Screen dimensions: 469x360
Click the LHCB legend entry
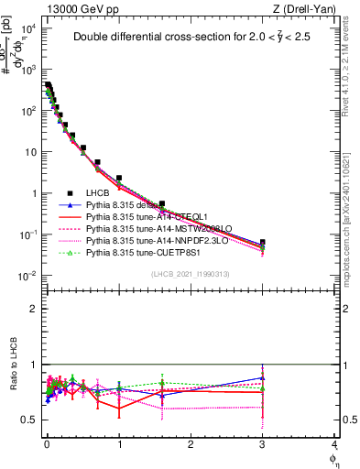click(97, 193)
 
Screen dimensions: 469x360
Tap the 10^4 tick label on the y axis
click(29, 28)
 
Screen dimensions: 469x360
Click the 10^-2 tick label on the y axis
click(28, 277)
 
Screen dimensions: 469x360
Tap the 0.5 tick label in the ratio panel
click(29, 420)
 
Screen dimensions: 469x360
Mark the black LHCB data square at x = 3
click(263, 243)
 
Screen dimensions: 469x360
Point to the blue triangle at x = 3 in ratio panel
click(263, 377)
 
